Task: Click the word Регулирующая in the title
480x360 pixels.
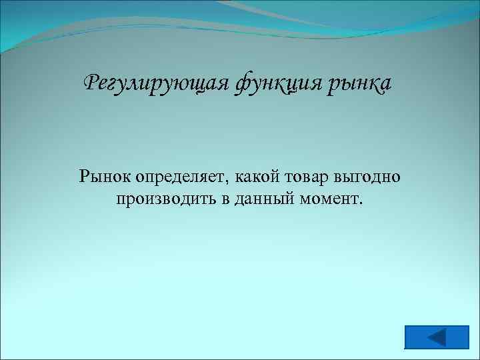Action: point(157,85)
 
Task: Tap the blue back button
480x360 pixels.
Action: point(437,337)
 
